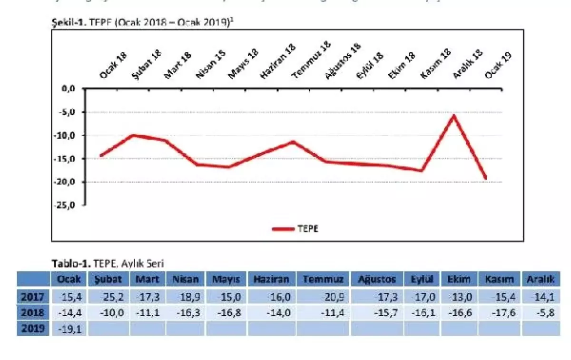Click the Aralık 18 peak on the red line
click(x=454, y=115)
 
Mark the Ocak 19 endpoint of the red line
click(x=486, y=178)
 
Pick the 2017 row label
click(x=33, y=297)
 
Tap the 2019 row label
click(x=33, y=328)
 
